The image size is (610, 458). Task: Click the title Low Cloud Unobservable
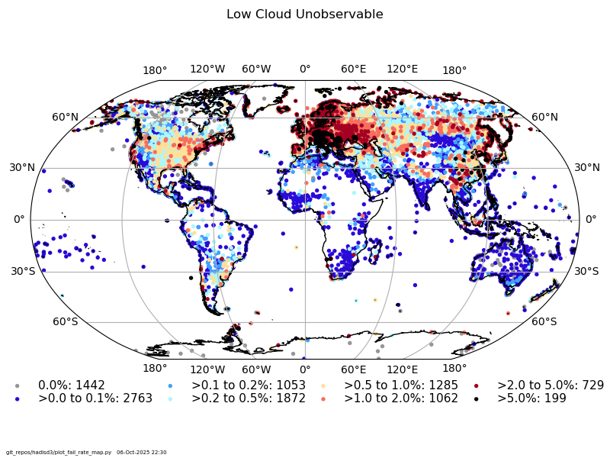coord(305,15)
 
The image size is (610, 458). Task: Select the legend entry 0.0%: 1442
coord(72,385)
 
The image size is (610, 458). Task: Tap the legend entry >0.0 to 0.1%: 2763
coord(95,398)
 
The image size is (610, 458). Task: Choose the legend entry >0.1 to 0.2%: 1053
coord(249,385)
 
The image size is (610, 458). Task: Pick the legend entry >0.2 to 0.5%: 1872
coord(249,398)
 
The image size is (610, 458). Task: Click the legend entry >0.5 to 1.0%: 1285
coord(401,385)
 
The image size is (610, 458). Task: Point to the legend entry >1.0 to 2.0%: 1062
coord(401,398)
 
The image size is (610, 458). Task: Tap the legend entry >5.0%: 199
coord(531,398)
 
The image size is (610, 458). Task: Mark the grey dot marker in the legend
coord(17,385)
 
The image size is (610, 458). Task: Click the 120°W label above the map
coord(207,69)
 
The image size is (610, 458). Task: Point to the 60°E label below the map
coord(353,369)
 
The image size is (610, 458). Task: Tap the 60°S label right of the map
coord(544,321)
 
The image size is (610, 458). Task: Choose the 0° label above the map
coord(305,69)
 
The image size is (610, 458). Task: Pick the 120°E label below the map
coord(402,369)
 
